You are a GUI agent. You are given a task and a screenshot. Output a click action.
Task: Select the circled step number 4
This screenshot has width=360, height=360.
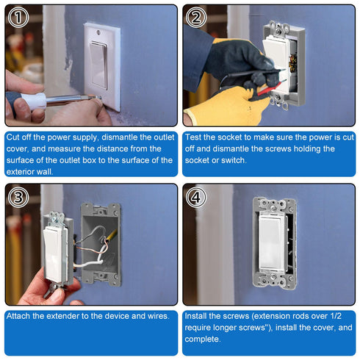click(195, 196)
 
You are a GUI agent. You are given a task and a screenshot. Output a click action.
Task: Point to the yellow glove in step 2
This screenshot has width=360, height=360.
click(209, 110)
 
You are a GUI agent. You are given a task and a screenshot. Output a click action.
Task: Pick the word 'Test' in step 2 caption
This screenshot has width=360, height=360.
click(196, 137)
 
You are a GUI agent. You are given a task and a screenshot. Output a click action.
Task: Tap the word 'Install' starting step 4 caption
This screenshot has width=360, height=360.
click(200, 315)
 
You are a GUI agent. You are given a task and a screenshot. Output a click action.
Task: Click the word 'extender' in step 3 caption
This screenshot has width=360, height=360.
click(70, 315)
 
